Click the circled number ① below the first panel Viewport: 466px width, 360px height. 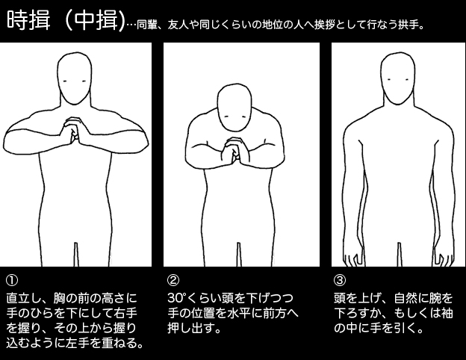(x=12, y=280)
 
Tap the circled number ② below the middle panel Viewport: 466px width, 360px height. (x=173, y=280)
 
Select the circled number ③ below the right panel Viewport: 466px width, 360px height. (x=340, y=280)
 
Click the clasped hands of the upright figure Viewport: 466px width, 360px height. (x=72, y=131)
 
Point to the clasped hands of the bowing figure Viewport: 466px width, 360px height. (x=233, y=151)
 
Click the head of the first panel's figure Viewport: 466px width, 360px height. (x=74, y=78)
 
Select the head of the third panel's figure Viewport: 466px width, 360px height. (x=397, y=78)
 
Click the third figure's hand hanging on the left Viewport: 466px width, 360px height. (x=352, y=259)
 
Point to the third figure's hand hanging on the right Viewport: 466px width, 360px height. (x=444, y=259)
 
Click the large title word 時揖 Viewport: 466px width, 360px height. (x=29, y=20)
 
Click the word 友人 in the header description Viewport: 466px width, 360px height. (x=178, y=25)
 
